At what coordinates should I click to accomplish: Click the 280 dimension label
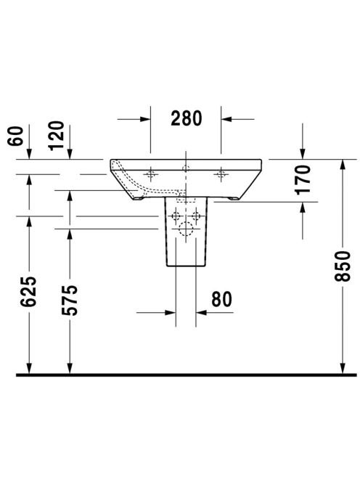click(187, 118)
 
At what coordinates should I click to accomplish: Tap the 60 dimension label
click(16, 136)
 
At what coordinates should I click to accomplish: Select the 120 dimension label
click(57, 136)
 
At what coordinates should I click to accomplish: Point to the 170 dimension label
click(303, 180)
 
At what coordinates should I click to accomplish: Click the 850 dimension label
click(343, 266)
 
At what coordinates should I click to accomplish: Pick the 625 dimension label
click(28, 292)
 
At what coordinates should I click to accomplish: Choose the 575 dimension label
click(70, 301)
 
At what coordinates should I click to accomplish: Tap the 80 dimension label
click(221, 299)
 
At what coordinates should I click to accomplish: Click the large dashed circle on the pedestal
click(186, 229)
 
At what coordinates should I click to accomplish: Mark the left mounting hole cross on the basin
click(150, 174)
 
